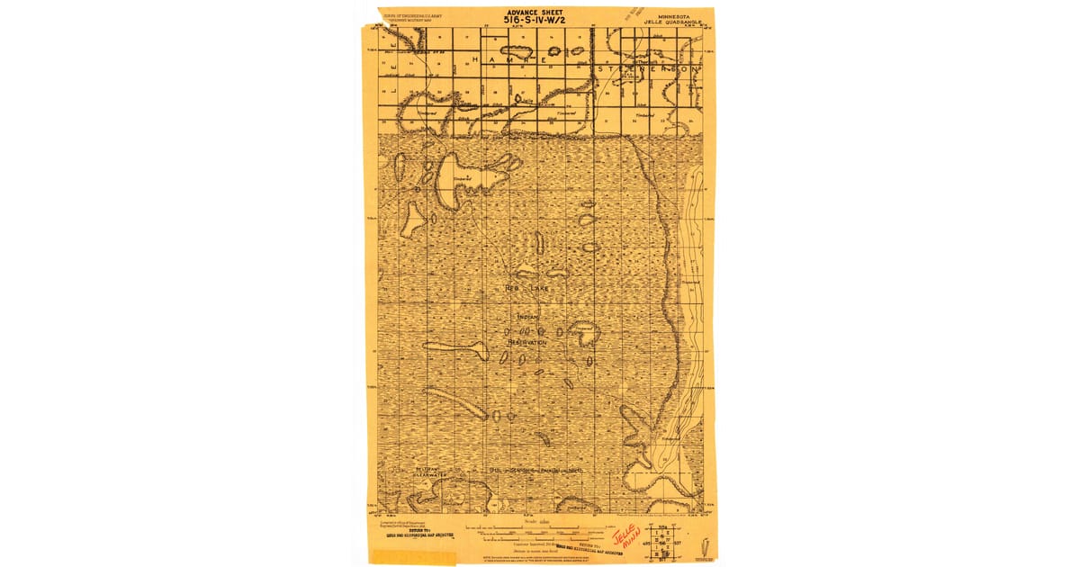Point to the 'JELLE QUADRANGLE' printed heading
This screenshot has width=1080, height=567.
click(x=676, y=22)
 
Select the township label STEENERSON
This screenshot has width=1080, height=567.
click(x=647, y=68)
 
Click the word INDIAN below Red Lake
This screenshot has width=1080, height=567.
click(x=528, y=317)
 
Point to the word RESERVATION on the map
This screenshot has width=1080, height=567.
click(x=526, y=343)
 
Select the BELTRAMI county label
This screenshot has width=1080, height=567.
click(x=427, y=468)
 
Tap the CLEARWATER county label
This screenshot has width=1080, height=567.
click(x=429, y=474)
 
